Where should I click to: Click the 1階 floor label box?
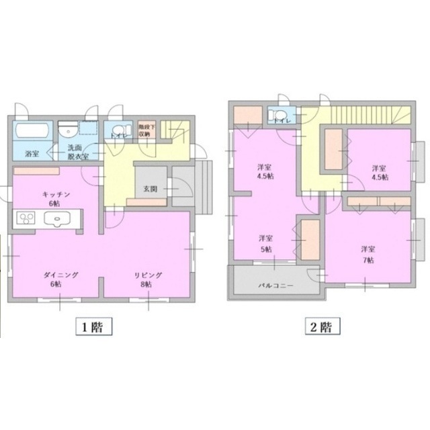click(93, 327)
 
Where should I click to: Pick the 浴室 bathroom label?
click(31, 154)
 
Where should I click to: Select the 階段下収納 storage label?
click(147, 130)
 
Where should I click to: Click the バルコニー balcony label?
click(274, 285)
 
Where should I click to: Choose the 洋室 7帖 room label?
click(367, 253)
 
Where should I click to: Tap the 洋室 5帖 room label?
click(265, 243)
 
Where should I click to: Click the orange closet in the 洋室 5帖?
click(309, 237)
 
